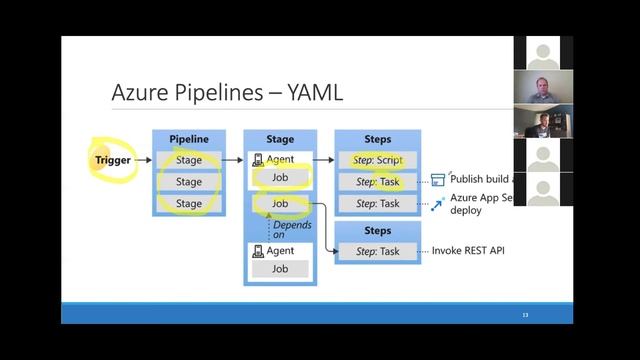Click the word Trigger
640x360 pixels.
coord(113,160)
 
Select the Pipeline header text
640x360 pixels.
coord(189,139)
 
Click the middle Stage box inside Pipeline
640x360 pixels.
coord(189,182)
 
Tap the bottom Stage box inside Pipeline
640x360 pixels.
coord(189,203)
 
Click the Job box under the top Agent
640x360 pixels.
coord(280,178)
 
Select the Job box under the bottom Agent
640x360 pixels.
coord(280,268)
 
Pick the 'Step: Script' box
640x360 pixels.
coord(376,160)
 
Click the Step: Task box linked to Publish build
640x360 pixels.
coord(376,181)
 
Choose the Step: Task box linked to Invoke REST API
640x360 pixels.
coord(376,250)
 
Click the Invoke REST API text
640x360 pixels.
coord(468,250)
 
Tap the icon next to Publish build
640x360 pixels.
coord(437,180)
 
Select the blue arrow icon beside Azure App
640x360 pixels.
coord(438,203)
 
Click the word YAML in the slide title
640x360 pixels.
coord(315,94)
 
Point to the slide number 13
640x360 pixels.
coord(524,315)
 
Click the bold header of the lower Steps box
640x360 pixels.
coord(376,230)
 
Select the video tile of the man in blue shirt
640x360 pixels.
coord(543,88)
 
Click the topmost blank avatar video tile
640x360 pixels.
coord(543,53)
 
